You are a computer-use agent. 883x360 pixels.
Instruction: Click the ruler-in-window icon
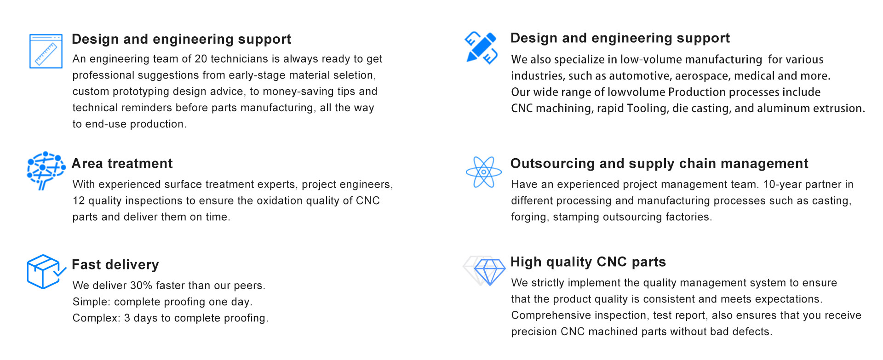click(x=46, y=51)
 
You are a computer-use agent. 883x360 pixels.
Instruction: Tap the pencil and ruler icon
click(x=482, y=47)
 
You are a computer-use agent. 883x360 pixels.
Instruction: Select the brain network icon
click(x=46, y=170)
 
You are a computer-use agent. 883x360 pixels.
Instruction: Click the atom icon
click(x=483, y=172)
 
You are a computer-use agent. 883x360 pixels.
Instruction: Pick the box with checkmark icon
click(x=46, y=271)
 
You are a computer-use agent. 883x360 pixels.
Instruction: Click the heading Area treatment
click(x=122, y=164)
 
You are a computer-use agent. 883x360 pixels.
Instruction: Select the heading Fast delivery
click(x=115, y=265)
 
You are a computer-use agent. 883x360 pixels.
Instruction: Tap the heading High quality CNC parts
click(x=588, y=262)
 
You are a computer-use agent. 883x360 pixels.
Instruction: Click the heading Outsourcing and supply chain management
click(x=659, y=164)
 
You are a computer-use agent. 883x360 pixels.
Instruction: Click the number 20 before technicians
click(x=201, y=59)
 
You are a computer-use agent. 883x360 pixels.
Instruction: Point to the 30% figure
click(x=141, y=286)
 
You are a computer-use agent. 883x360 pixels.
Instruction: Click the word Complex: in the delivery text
click(x=97, y=318)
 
